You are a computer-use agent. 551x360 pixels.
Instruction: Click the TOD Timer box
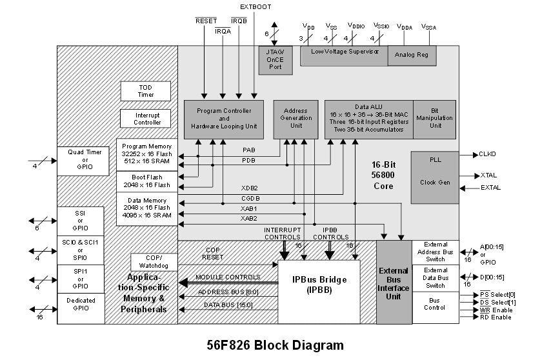pos(146,91)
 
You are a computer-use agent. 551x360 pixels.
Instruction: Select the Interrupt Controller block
pos(146,119)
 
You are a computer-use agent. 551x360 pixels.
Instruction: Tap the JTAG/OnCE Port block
pos(275,56)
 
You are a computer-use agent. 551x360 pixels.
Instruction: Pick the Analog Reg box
pos(412,56)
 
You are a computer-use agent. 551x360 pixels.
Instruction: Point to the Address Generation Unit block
pos(296,119)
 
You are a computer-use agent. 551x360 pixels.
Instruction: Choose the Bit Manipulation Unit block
pos(436,119)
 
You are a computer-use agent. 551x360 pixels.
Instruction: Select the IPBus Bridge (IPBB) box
pos(319,291)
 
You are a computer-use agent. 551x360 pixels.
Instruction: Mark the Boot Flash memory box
pos(148,181)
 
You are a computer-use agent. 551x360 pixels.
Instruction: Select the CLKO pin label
pos(488,154)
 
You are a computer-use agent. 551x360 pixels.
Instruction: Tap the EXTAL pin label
pos(490,188)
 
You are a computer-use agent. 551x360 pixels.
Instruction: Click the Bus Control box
pos(436,304)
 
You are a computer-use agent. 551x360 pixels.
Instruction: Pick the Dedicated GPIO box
pos(81,308)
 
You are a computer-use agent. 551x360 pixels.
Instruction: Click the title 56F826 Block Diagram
pos(275,345)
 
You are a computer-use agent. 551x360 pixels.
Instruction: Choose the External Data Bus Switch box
pos(436,278)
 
